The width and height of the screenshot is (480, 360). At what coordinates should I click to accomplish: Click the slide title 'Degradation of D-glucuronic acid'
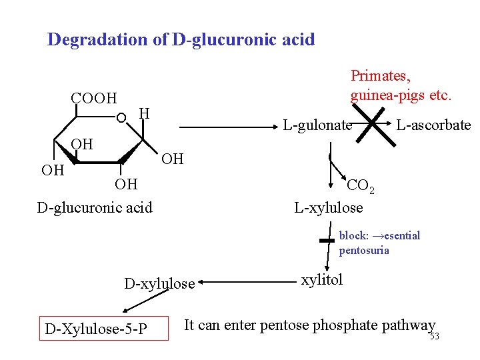coord(181,39)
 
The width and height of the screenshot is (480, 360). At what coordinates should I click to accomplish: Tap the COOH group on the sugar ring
coord(93,99)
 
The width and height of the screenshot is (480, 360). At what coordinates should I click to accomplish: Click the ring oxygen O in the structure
coord(121,119)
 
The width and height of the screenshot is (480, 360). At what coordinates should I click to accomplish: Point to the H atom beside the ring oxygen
coord(143,115)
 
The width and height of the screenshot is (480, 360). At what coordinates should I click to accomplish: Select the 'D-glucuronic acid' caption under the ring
coord(94,208)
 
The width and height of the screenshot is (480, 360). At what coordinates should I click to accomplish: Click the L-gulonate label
coord(317,125)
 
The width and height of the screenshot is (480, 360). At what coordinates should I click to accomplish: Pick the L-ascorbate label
coord(433,125)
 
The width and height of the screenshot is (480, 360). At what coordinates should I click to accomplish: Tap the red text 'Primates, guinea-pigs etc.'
coord(401,85)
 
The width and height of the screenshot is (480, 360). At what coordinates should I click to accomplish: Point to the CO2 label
coord(361,186)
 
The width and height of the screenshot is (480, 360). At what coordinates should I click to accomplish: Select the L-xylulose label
coord(329,208)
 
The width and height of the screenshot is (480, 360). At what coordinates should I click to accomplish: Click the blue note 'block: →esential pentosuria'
coord(379,243)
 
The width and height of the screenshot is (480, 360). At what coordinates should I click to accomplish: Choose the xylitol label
coord(322,280)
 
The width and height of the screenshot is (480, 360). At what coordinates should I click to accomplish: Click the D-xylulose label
coord(159,284)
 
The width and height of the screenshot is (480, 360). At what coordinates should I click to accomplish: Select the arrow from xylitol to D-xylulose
coord(247,283)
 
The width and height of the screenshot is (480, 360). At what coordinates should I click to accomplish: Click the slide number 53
coord(434,336)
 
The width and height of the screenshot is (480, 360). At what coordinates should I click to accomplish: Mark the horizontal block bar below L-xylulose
coord(327,240)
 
